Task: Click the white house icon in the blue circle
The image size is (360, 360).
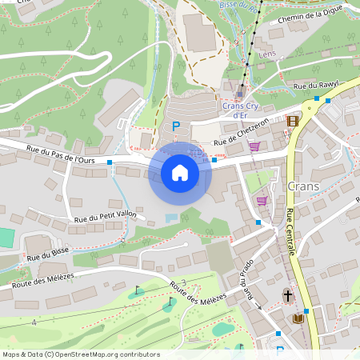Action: point(179,172)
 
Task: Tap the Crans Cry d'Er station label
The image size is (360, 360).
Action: point(239,110)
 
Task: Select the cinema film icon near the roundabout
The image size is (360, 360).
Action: point(292,121)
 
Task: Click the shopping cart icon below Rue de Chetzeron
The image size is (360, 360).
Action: point(254,146)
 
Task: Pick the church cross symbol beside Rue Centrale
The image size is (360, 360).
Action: point(287,295)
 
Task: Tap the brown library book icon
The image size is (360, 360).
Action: point(298,318)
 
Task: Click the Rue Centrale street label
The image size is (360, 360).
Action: point(290,232)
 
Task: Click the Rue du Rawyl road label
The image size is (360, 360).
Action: point(317,83)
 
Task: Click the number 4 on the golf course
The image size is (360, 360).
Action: point(34,322)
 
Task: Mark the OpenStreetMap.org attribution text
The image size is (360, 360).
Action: point(70,354)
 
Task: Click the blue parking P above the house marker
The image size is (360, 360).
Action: point(176,126)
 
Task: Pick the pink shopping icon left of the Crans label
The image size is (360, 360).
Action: point(262,200)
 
